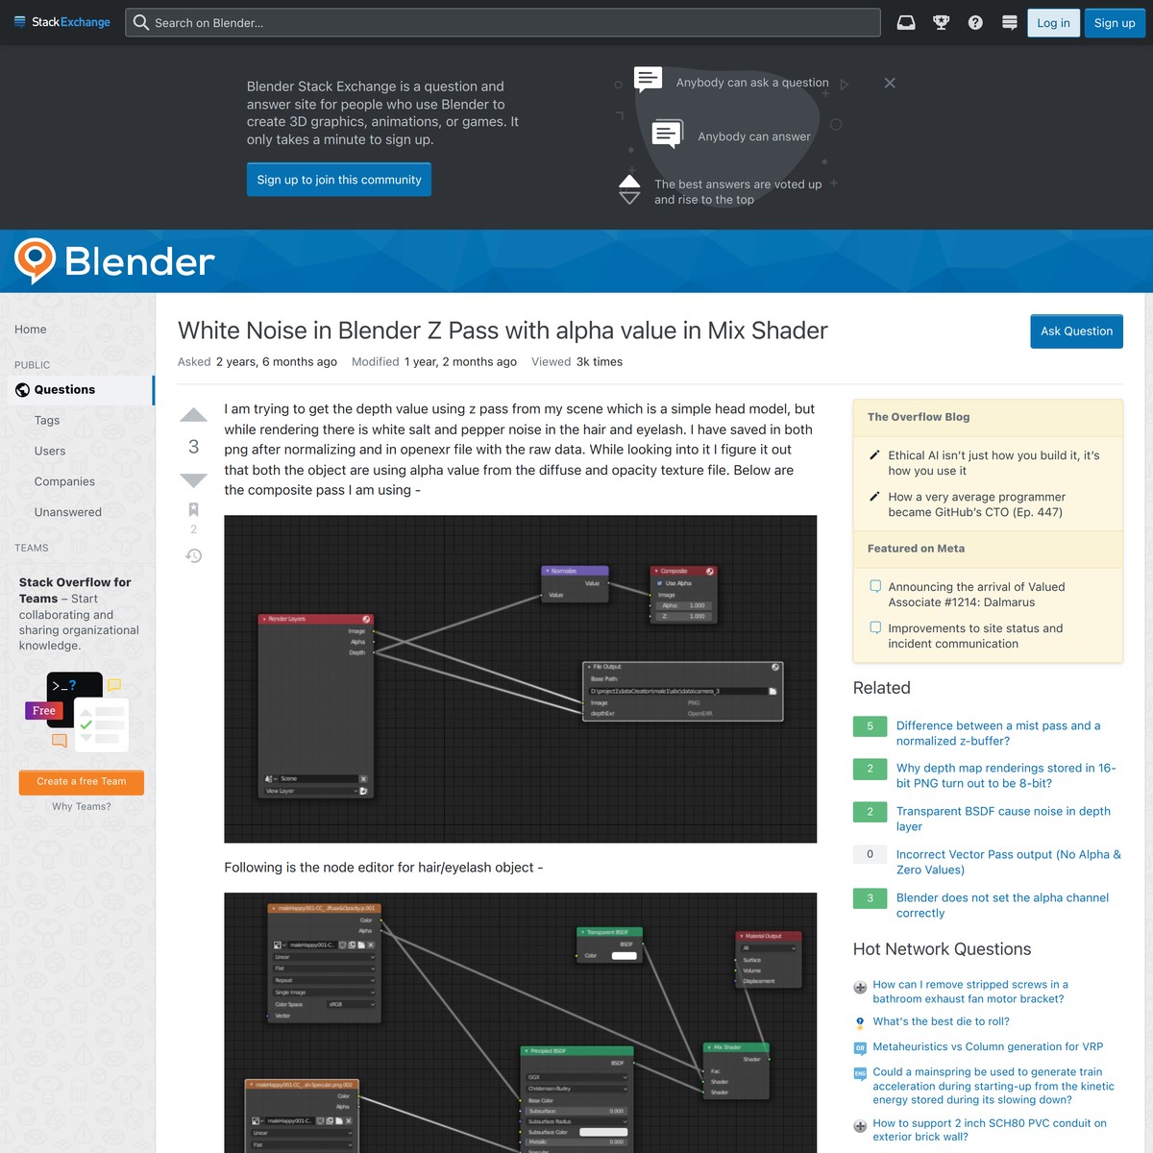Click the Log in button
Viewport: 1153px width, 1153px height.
tap(1053, 23)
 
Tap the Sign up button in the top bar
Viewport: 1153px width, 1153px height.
tap(1115, 23)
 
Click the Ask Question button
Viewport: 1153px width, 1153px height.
tap(1076, 331)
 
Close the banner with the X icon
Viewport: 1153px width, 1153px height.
tap(890, 84)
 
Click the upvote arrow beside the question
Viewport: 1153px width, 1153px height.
tap(194, 415)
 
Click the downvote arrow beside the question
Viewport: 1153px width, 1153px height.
tap(194, 479)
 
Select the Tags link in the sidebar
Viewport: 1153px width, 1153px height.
tap(47, 421)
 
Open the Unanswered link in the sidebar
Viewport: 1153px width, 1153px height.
tap(68, 512)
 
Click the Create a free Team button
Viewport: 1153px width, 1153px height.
tap(82, 782)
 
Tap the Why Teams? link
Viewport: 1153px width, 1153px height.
tap(82, 807)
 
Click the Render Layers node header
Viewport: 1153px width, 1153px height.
tap(315, 619)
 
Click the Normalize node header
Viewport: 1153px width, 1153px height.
tap(575, 571)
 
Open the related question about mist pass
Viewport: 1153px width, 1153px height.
tap(997, 733)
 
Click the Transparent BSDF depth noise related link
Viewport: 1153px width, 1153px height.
tap(1002, 819)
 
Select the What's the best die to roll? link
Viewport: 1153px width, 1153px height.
tap(941, 1022)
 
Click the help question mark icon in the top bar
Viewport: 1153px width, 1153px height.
tap(975, 23)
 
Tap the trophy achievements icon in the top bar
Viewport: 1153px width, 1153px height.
tap(942, 23)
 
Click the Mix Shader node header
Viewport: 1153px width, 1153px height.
tap(735, 1047)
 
